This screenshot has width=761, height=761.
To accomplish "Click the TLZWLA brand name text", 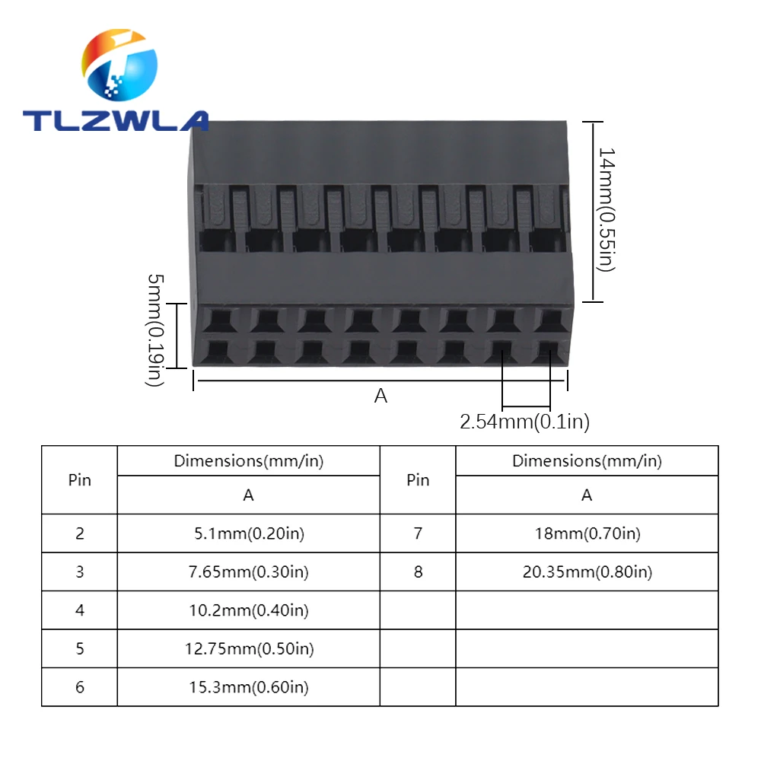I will coord(115,120).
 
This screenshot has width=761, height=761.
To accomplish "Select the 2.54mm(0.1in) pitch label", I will coord(524,421).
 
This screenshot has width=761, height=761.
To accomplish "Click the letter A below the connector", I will coord(380,396).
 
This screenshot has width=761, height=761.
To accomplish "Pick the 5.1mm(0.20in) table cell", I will coord(248,533).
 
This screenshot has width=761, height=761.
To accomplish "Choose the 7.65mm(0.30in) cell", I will coord(248,572).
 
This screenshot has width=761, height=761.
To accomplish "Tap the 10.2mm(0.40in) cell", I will coord(248,610).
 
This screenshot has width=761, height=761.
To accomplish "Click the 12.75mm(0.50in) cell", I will coord(248,648).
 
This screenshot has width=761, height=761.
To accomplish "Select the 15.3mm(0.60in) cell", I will coord(248,687).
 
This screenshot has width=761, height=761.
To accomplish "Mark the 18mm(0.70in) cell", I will coord(587,533).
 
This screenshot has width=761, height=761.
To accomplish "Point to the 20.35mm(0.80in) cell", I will coord(587,572).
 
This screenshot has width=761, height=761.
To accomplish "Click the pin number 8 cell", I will coord(418,572).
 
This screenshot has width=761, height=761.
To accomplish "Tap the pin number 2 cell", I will coord(80,533).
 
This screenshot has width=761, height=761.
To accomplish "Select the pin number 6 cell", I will coord(80,687).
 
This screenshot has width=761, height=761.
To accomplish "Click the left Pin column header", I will coord(80,480).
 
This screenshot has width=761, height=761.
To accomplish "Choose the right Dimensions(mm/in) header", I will coord(587,460).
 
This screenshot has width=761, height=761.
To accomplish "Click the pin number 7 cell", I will coord(418,533).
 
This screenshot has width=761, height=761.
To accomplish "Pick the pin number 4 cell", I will coord(80,610).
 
